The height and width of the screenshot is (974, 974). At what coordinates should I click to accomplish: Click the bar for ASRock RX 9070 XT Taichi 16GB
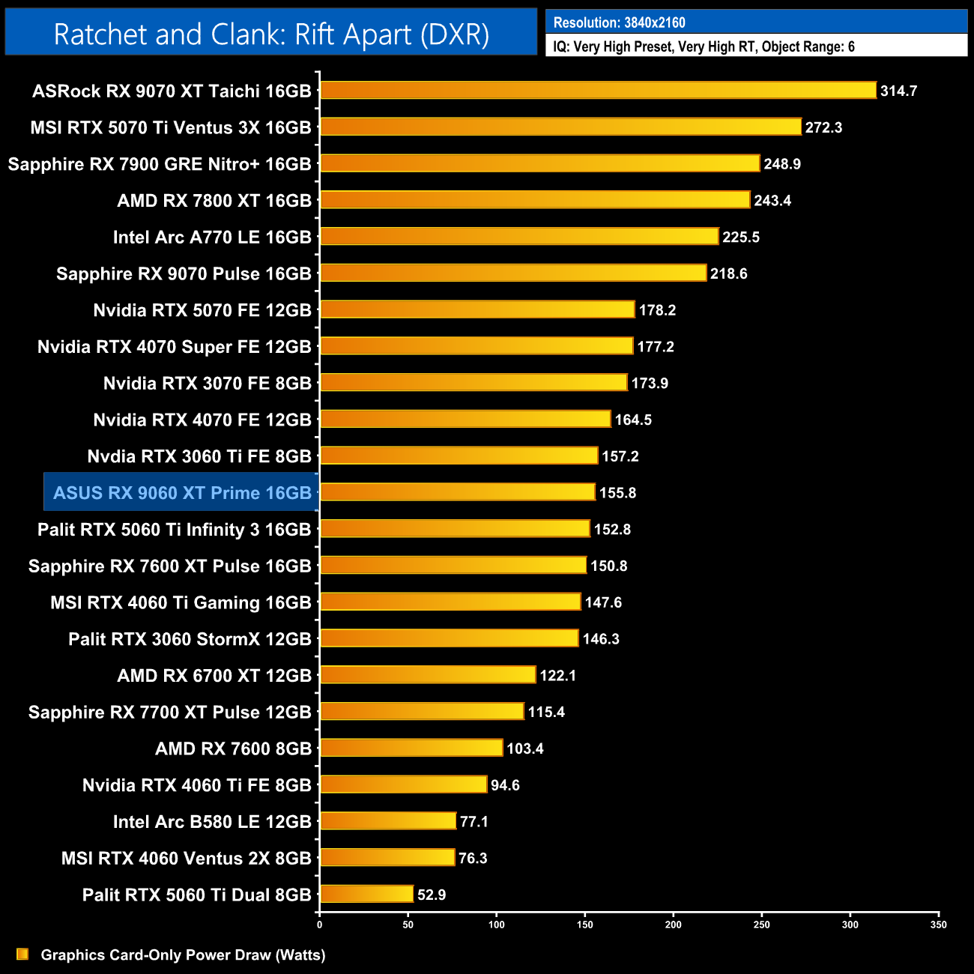tap(598, 91)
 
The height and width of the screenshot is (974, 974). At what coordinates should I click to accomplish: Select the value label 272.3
tap(823, 127)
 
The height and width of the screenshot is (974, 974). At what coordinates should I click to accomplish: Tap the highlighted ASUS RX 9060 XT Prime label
tap(182, 493)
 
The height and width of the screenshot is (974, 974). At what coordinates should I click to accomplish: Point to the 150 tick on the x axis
tap(585, 925)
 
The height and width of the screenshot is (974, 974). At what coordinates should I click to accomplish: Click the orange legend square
tap(22, 955)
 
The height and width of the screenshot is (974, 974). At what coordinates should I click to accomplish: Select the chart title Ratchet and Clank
tap(271, 34)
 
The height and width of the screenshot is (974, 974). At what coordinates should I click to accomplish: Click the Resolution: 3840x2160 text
tap(619, 22)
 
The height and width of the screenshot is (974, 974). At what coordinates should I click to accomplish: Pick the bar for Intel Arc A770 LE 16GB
tap(519, 237)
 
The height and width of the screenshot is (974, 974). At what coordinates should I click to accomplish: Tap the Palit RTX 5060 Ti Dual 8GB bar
tap(366, 895)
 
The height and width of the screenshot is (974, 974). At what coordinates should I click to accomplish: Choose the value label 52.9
tap(432, 895)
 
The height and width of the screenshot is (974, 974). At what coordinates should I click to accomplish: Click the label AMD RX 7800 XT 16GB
tap(214, 201)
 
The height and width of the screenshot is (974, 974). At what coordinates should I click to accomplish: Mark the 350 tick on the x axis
tap(939, 925)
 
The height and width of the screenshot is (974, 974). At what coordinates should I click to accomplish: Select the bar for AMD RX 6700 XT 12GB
tap(428, 675)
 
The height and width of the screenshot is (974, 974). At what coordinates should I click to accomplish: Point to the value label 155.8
tap(617, 493)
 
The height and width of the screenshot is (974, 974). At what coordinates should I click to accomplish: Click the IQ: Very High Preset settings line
tap(704, 46)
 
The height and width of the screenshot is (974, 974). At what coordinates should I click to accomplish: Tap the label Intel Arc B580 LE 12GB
tap(212, 822)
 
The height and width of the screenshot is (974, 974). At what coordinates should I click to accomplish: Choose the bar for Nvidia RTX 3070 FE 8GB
tap(474, 383)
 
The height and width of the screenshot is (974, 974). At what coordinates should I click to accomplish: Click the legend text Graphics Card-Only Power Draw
tap(183, 955)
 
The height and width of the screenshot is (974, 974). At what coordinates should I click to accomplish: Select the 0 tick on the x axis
tap(320, 925)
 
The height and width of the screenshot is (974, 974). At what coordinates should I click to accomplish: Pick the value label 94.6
tap(505, 785)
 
